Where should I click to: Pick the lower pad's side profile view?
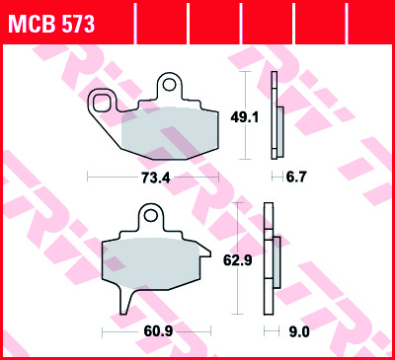click(x=271, y=261)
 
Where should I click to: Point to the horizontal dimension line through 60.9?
click(x=118, y=331)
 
